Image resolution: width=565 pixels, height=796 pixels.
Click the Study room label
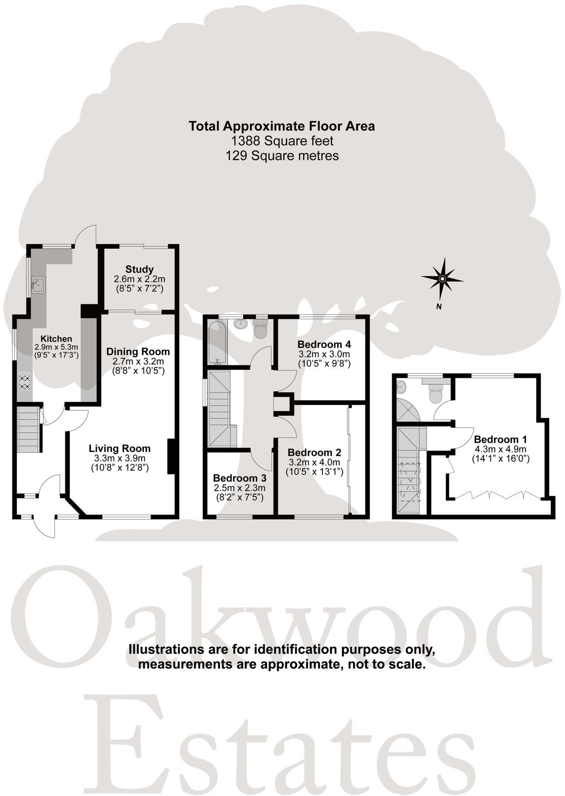click(139, 269)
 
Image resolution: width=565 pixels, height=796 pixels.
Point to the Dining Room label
click(138, 352)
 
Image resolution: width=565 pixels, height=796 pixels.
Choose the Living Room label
click(119, 448)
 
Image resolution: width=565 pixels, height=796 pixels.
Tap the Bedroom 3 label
click(239, 478)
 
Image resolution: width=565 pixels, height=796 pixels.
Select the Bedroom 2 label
click(314, 452)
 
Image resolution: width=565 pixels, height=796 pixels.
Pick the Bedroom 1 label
click(501, 440)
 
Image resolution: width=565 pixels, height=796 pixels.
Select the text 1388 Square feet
click(282, 141)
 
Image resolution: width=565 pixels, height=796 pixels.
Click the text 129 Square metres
click(282, 156)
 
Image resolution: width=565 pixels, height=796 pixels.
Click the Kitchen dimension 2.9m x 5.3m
click(56, 347)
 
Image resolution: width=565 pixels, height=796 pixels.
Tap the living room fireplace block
click(170, 457)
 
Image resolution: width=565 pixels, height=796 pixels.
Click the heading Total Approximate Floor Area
click(282, 126)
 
